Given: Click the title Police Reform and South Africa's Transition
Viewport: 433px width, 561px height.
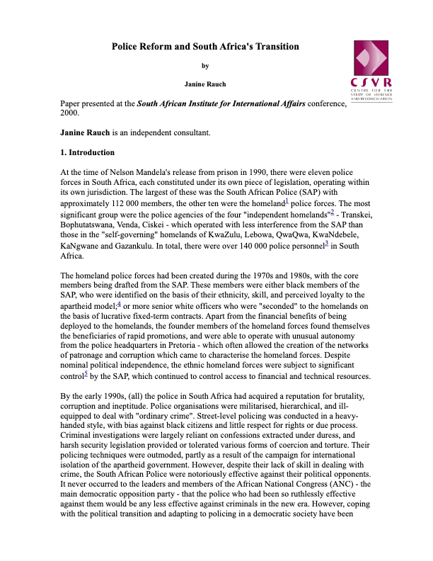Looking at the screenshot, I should coord(205,47).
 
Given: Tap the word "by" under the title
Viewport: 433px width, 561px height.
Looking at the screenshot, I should coord(205,66).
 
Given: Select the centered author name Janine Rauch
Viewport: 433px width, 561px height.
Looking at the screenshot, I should coord(205,84).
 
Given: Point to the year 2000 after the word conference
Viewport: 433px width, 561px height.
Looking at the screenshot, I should coord(71,113).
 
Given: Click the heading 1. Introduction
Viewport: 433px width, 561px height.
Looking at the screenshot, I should coord(87,152).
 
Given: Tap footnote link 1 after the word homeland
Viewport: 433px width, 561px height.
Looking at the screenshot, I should coord(287,202).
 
